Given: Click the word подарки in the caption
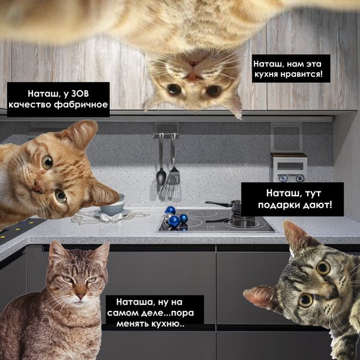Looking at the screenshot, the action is pyautogui.click(x=278, y=205).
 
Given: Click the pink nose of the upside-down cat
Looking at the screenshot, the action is pyautogui.click(x=194, y=65).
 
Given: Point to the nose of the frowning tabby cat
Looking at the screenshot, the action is pyautogui.click(x=80, y=294).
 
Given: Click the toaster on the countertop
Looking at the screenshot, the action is pyautogui.click(x=289, y=167).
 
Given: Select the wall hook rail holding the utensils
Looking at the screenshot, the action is pyautogui.click(x=167, y=136).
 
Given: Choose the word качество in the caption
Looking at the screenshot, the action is pyautogui.click(x=29, y=104).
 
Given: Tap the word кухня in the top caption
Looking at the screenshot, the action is pyautogui.click(x=266, y=74).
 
